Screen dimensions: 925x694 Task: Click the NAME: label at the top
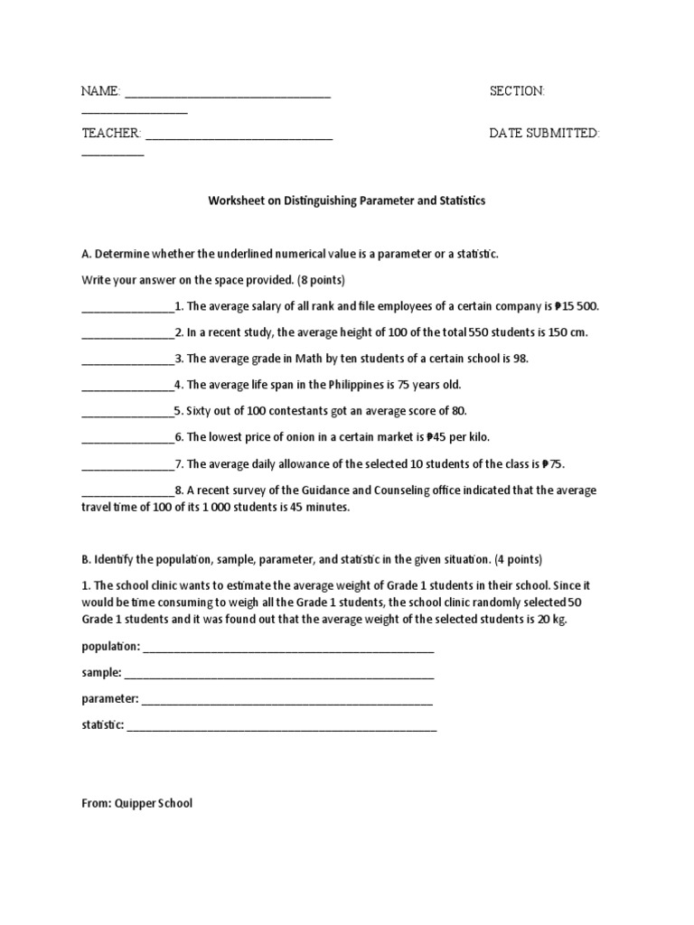100,91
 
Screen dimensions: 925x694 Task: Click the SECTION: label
517,91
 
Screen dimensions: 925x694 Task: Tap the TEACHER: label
111,133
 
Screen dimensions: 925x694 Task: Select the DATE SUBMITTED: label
545,133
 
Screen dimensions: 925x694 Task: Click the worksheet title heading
347,201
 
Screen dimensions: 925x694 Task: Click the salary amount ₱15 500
576,306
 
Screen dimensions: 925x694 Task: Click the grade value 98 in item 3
520,359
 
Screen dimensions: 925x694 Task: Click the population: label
110,647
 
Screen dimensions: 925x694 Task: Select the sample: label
101,673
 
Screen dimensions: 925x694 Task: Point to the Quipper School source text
136,803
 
